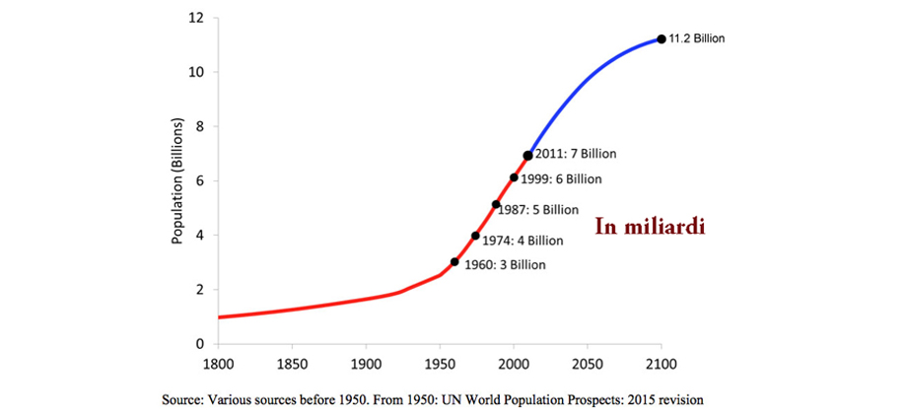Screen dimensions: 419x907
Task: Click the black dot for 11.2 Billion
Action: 661,38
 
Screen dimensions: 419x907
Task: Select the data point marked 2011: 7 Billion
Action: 528,155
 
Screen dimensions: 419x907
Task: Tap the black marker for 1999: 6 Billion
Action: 514,177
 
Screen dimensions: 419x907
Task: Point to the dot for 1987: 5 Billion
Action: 496,204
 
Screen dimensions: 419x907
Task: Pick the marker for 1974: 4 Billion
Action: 475,236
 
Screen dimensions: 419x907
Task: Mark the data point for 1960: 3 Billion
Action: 454,261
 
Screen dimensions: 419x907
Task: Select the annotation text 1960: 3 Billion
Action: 504,265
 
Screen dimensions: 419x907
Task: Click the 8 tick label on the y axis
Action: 200,126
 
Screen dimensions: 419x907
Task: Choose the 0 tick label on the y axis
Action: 200,344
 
